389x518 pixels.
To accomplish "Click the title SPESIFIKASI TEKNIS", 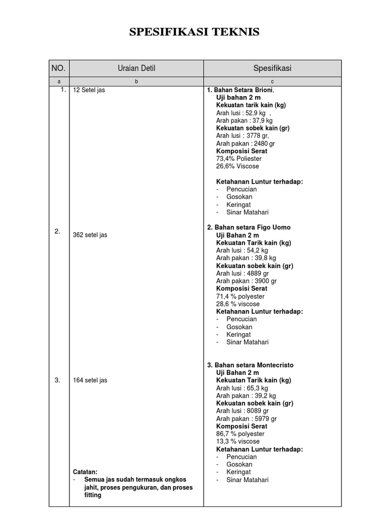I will click(194, 32).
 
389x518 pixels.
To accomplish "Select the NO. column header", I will click(59, 68).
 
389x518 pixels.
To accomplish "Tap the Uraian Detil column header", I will click(136, 68).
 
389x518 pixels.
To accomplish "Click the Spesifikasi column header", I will click(272, 68).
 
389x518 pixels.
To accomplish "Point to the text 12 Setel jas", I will click(89, 91).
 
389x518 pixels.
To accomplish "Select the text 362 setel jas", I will click(90, 235).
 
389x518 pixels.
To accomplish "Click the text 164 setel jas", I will click(90, 380).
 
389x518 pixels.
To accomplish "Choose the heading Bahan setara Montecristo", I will click(254, 365).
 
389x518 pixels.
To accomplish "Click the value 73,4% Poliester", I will click(239, 159).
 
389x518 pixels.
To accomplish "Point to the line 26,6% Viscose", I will click(238, 166).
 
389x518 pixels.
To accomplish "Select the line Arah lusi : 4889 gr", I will click(243, 274).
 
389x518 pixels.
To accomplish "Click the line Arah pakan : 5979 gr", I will click(247, 419).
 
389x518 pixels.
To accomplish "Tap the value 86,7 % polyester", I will click(241, 434).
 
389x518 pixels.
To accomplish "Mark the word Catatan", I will click(85, 471).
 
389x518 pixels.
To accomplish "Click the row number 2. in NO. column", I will click(58, 231).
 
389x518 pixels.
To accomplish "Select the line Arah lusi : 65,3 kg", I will click(242, 388).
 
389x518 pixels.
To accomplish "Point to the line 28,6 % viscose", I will click(238, 304).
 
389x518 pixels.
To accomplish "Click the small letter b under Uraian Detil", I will click(136, 81).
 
